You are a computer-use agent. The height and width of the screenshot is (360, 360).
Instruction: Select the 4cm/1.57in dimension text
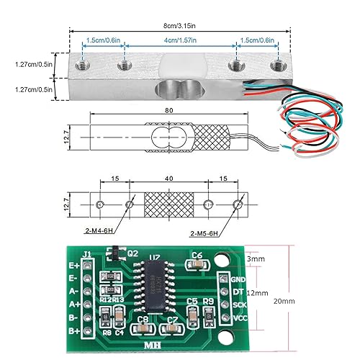point(180,40)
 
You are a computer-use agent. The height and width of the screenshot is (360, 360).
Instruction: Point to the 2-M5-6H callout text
point(208,234)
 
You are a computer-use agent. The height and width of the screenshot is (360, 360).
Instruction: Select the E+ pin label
point(73,264)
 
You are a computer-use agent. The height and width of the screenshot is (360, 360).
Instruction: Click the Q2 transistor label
point(132,253)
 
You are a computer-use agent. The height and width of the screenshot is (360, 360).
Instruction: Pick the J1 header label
point(87,253)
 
